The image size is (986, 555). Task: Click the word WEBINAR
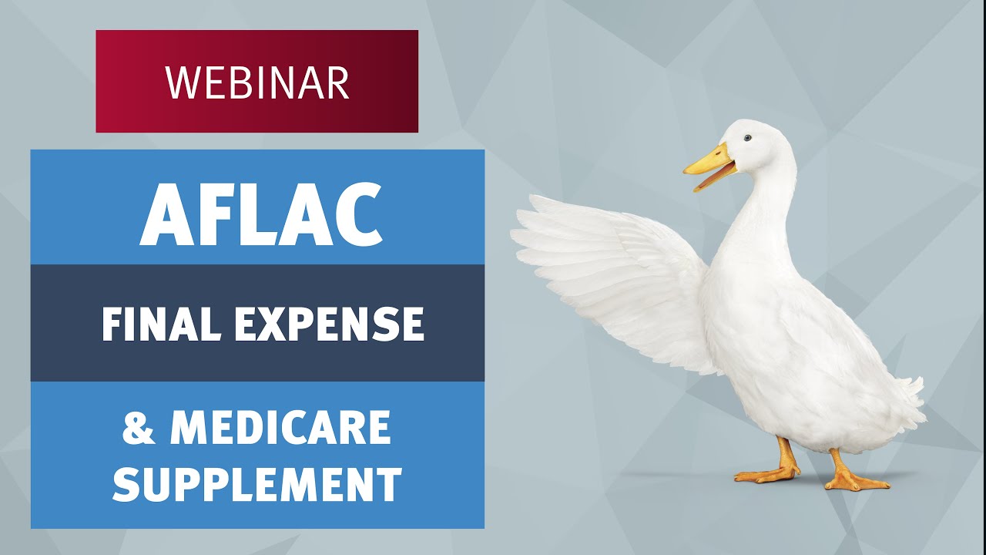(257, 82)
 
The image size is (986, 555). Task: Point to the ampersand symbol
(139, 429)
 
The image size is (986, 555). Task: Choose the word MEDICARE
(280, 429)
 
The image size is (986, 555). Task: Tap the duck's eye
(746, 138)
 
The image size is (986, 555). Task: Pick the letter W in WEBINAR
(181, 82)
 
